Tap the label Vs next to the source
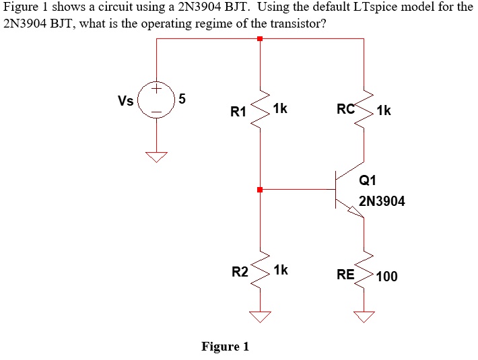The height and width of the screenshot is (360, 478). click(x=126, y=102)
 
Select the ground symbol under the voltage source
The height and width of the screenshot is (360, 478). click(x=157, y=157)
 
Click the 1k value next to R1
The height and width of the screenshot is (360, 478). click(x=281, y=108)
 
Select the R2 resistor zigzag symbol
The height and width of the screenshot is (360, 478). click(x=260, y=269)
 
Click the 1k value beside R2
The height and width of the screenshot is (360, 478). click(x=281, y=270)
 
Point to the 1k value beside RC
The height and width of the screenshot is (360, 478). click(x=384, y=110)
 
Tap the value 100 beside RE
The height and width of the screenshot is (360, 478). click(x=387, y=276)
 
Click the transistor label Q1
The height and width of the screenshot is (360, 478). click(x=369, y=180)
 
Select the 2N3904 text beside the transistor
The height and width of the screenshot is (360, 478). click(x=382, y=201)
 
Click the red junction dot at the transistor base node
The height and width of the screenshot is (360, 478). click(x=260, y=190)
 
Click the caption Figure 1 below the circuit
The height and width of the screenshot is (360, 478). click(x=226, y=347)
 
